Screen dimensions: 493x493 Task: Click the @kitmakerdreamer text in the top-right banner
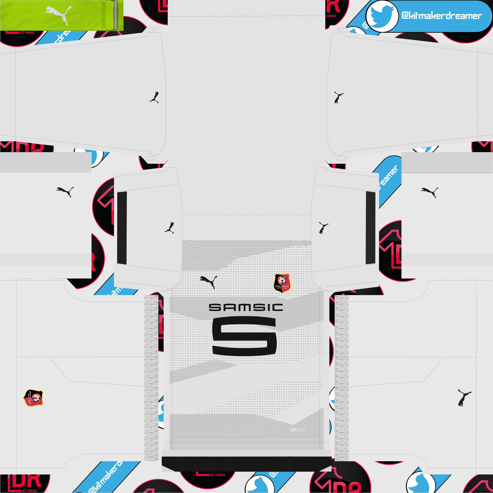click(441, 16)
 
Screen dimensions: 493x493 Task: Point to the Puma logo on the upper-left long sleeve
click(154, 97)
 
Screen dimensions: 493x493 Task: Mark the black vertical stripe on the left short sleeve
click(122, 228)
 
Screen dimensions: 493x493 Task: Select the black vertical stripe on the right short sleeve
click(370, 228)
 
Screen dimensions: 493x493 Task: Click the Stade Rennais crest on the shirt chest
click(282, 283)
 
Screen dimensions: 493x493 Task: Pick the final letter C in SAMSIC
click(276, 307)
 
